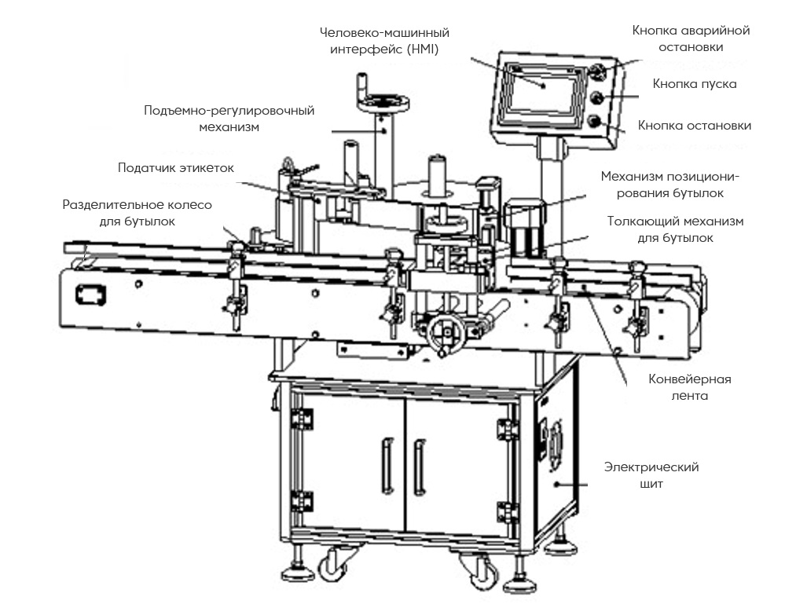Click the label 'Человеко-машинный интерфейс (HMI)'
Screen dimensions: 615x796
[x=384, y=41]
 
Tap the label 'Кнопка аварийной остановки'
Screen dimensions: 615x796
[x=691, y=38]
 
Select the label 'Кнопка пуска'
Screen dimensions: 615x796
[x=694, y=83]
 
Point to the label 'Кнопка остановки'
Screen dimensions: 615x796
[x=694, y=126]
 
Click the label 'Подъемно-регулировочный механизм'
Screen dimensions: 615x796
[x=229, y=118]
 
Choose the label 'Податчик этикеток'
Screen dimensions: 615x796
[x=175, y=167]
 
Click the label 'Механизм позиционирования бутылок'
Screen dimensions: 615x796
[x=670, y=184]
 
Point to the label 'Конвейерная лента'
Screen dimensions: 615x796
[x=689, y=388]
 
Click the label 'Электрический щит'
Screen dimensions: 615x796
[x=651, y=475]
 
